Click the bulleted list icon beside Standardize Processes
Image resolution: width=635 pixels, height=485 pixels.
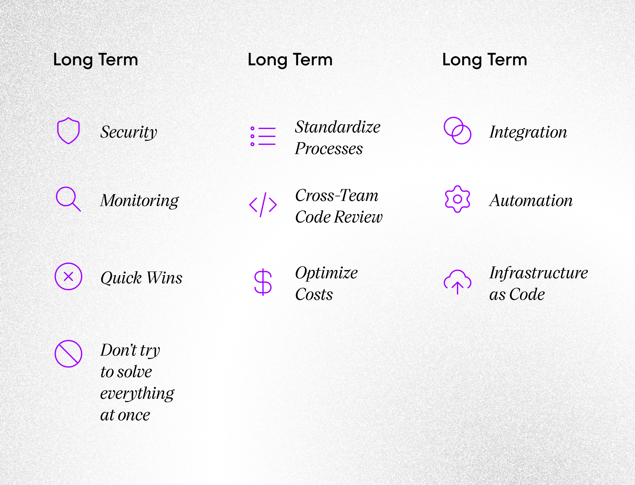[x=263, y=136]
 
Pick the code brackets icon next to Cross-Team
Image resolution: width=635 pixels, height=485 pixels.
[x=263, y=205]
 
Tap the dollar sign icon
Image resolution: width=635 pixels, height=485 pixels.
[x=263, y=282]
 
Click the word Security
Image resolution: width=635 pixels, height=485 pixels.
[x=129, y=132]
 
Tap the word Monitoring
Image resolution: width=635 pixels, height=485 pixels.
[x=139, y=201]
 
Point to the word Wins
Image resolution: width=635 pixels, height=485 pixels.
[x=164, y=278]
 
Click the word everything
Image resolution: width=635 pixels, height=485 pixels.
[x=137, y=394]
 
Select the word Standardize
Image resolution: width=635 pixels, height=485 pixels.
[x=338, y=127]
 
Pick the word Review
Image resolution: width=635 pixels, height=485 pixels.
[x=358, y=217]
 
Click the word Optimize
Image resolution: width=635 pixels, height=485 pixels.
[x=326, y=273]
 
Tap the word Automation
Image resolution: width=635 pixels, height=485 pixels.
[x=531, y=200]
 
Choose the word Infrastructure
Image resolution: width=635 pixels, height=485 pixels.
[x=539, y=273]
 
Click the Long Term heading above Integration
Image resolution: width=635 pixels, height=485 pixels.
[x=484, y=60]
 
